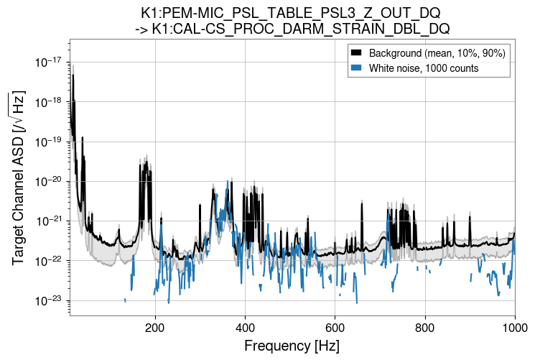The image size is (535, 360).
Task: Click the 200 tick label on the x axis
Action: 155,327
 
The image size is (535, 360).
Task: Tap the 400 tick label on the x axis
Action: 246,327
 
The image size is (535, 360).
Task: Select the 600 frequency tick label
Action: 335,327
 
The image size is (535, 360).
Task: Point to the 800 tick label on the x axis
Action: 425,327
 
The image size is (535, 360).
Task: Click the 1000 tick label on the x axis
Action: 514,327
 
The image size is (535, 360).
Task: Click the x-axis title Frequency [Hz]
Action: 292,346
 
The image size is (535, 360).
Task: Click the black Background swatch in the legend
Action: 357,54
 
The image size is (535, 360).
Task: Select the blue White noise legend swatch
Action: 357,68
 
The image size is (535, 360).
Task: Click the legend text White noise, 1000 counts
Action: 424,68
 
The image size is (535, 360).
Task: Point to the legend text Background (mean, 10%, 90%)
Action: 437,54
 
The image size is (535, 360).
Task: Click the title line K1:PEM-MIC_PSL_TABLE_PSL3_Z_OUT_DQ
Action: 292,14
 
